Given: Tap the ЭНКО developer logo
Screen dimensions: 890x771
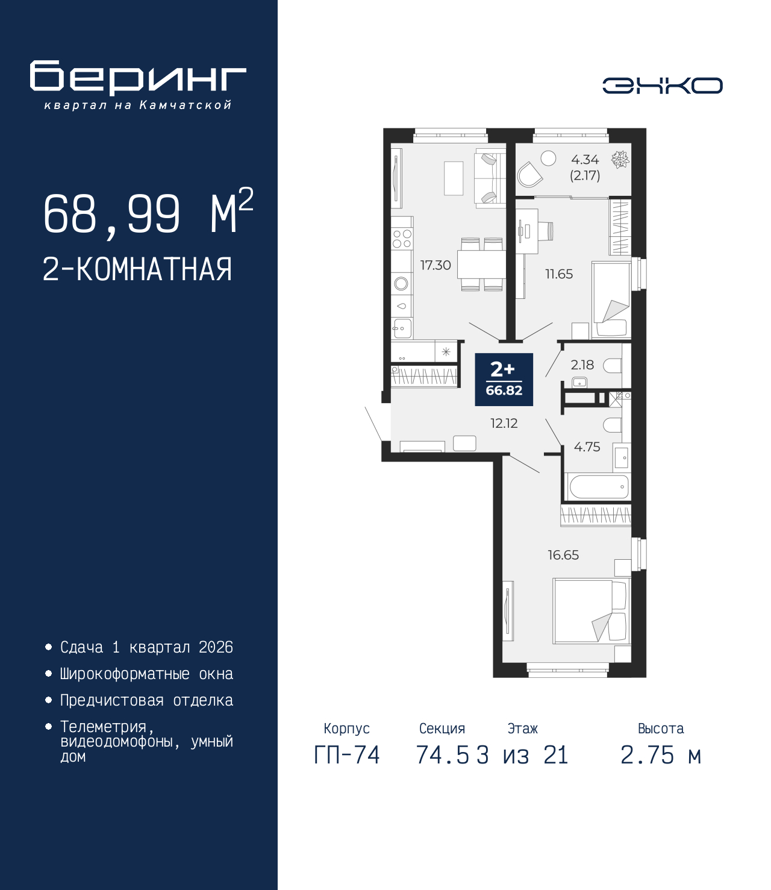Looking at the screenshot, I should pyautogui.click(x=662, y=86).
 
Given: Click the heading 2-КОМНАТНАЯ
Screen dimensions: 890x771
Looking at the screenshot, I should pyautogui.click(x=137, y=269).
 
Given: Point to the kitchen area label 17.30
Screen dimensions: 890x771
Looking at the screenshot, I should pyautogui.click(x=435, y=265).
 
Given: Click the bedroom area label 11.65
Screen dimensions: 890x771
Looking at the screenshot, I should pyautogui.click(x=558, y=274).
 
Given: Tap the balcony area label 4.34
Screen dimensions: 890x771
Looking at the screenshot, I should pyautogui.click(x=584, y=160).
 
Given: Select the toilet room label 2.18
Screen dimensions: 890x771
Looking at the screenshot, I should pyautogui.click(x=582, y=365).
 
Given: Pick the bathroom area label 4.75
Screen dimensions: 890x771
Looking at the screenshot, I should pyautogui.click(x=587, y=447).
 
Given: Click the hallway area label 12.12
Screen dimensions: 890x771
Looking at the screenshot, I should pyautogui.click(x=504, y=423).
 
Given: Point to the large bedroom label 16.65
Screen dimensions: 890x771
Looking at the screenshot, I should pyautogui.click(x=563, y=555).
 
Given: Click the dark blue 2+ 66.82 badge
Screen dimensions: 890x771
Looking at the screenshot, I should pyautogui.click(x=504, y=380).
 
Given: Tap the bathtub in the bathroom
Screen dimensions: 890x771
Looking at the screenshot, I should pyautogui.click(x=598, y=486).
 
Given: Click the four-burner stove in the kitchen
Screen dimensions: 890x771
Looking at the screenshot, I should pyautogui.click(x=402, y=239).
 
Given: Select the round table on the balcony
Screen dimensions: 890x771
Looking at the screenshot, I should pyautogui.click(x=548, y=158).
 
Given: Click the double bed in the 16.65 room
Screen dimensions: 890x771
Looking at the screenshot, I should pyautogui.click(x=590, y=610).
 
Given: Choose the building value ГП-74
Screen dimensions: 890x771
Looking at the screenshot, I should pyautogui.click(x=347, y=755).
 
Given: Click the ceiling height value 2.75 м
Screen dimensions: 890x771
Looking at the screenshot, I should pyautogui.click(x=661, y=755).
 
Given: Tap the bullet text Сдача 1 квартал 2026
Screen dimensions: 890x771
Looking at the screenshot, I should pyautogui.click(x=146, y=647).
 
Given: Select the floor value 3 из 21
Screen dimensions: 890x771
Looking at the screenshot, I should pyautogui.click(x=522, y=755).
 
